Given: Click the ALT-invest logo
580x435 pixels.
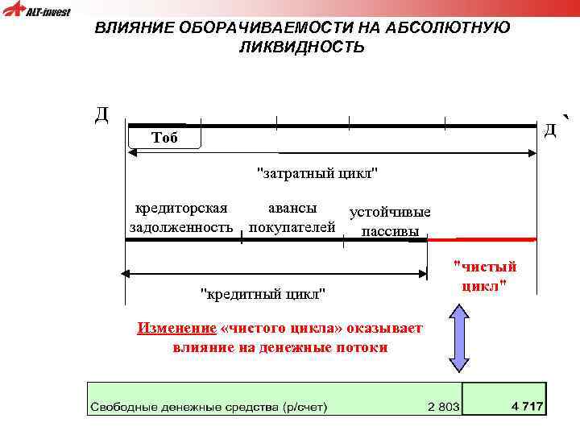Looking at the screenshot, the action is pos(36,11).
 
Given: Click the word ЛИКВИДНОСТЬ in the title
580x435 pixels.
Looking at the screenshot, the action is pos(301,48).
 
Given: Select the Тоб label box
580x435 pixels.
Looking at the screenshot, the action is pos(164,138).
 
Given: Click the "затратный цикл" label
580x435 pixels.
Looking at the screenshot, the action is pos(317,173).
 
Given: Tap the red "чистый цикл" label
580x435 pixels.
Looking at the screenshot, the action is pos(485,276).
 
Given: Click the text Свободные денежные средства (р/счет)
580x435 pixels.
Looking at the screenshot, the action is pos(209,407).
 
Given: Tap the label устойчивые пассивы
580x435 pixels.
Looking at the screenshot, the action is pos(390,222).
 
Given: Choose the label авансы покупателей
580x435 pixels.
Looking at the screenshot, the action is pos(292,217).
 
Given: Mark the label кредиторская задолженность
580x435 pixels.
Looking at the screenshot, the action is pos(181,217).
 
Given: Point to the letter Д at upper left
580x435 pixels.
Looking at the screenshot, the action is pos(101,114).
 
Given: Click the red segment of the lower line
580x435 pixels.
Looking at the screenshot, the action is pos(481,240).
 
